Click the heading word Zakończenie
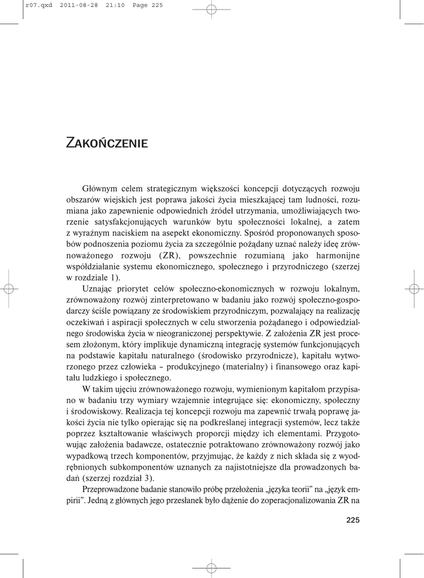point(107,142)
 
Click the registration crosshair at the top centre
point(211,9)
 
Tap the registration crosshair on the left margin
point(8,288)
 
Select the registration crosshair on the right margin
point(415,288)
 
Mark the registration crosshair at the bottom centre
point(211,567)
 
